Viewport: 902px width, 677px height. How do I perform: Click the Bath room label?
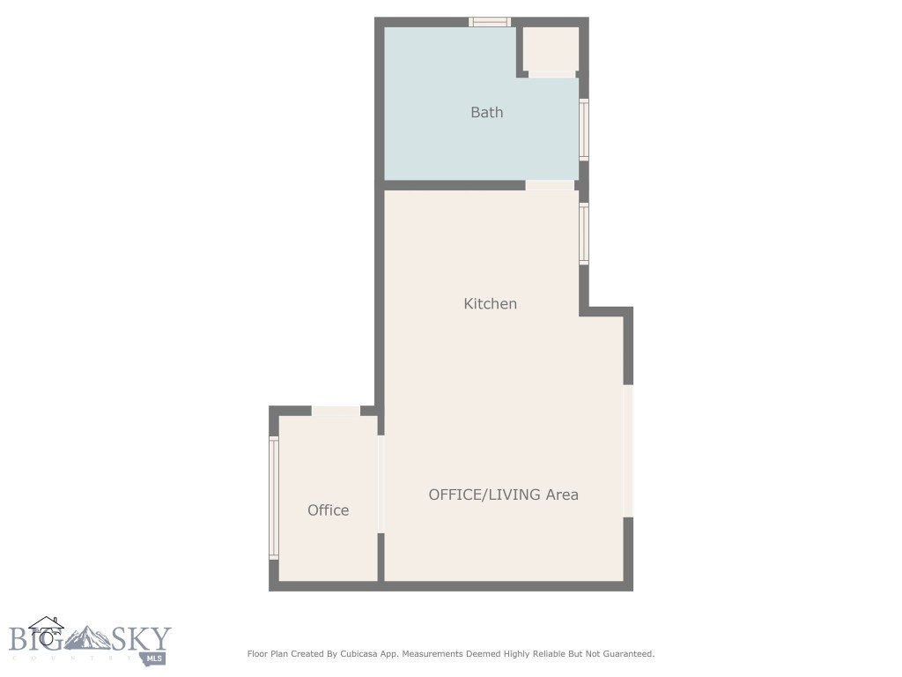click(x=486, y=112)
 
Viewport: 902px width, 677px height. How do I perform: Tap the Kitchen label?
click(x=490, y=303)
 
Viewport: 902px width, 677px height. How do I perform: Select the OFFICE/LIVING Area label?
click(x=503, y=495)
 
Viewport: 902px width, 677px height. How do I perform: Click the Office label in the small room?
click(x=328, y=510)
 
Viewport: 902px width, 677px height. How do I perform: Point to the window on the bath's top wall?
click(x=489, y=22)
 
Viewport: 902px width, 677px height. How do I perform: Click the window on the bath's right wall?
click(x=584, y=130)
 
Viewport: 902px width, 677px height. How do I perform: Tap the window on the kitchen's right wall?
click(x=584, y=234)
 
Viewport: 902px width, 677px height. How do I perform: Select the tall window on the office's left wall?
click(x=274, y=497)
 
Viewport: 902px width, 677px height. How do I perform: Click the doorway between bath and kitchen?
click(x=550, y=185)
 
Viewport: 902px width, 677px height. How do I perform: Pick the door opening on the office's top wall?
click(x=336, y=412)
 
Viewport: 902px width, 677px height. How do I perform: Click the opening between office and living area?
click(x=381, y=484)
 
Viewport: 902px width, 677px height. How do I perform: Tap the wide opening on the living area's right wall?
click(x=628, y=450)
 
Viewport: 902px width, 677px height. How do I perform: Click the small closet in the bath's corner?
click(x=551, y=50)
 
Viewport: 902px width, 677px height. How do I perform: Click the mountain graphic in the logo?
click(x=88, y=637)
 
